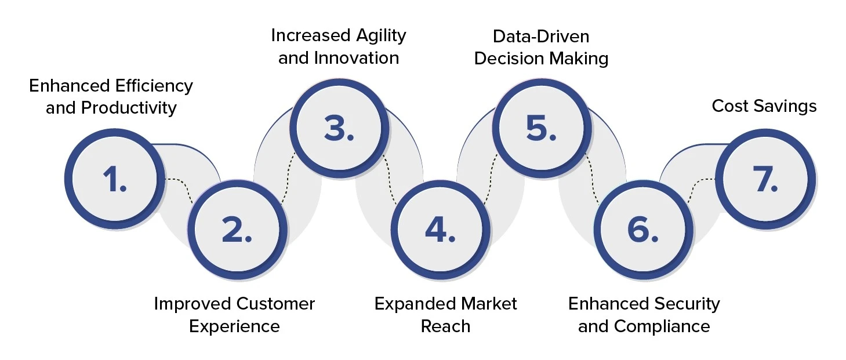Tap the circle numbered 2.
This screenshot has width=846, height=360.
(237, 230)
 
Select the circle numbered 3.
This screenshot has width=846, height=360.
(339, 129)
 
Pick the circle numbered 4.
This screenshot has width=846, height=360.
(439, 230)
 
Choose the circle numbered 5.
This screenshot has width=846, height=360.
(541, 129)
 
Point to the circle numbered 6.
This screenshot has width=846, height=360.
(642, 230)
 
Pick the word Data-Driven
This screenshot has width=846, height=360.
(540, 37)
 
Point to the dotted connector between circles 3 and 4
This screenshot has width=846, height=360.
(388, 180)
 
